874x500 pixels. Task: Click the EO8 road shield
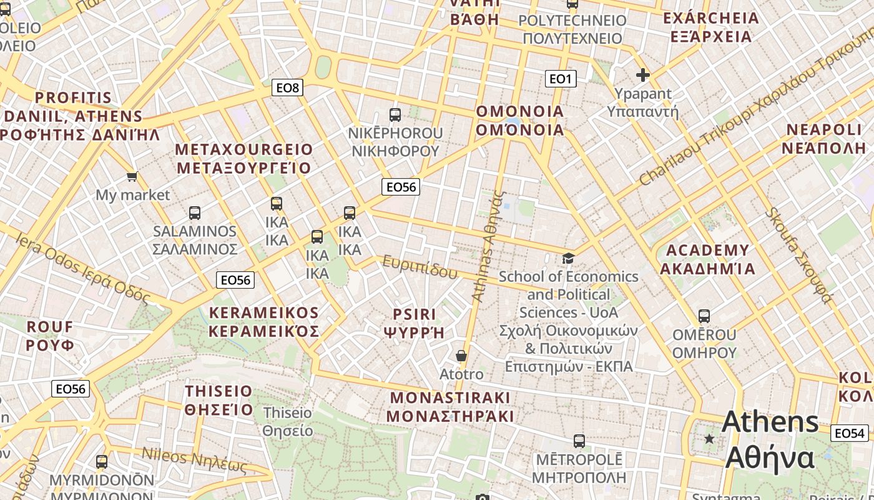pyautogui.click(x=288, y=87)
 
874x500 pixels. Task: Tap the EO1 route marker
pyautogui.click(x=560, y=79)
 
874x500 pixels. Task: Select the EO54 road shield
pyautogui.click(x=849, y=433)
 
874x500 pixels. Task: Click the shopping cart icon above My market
pyautogui.click(x=132, y=177)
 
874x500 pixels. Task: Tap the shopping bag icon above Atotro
pyautogui.click(x=461, y=356)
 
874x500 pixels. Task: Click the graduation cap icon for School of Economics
pyautogui.click(x=567, y=258)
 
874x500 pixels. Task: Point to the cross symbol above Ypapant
pyautogui.click(x=642, y=76)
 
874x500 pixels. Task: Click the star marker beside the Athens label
pyautogui.click(x=709, y=439)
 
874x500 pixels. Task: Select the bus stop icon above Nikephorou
pyautogui.click(x=395, y=115)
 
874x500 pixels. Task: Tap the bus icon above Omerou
pyautogui.click(x=704, y=316)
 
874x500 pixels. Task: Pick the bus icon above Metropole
pyautogui.click(x=579, y=441)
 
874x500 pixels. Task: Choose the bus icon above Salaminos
pyautogui.click(x=195, y=213)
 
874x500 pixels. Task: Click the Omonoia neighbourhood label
pyautogui.click(x=520, y=121)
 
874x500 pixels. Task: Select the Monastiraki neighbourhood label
pyautogui.click(x=450, y=407)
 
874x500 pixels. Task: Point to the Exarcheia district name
pyautogui.click(x=711, y=27)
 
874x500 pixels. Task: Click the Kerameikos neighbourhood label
pyautogui.click(x=263, y=322)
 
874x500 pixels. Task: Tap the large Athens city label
pyautogui.click(x=770, y=440)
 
